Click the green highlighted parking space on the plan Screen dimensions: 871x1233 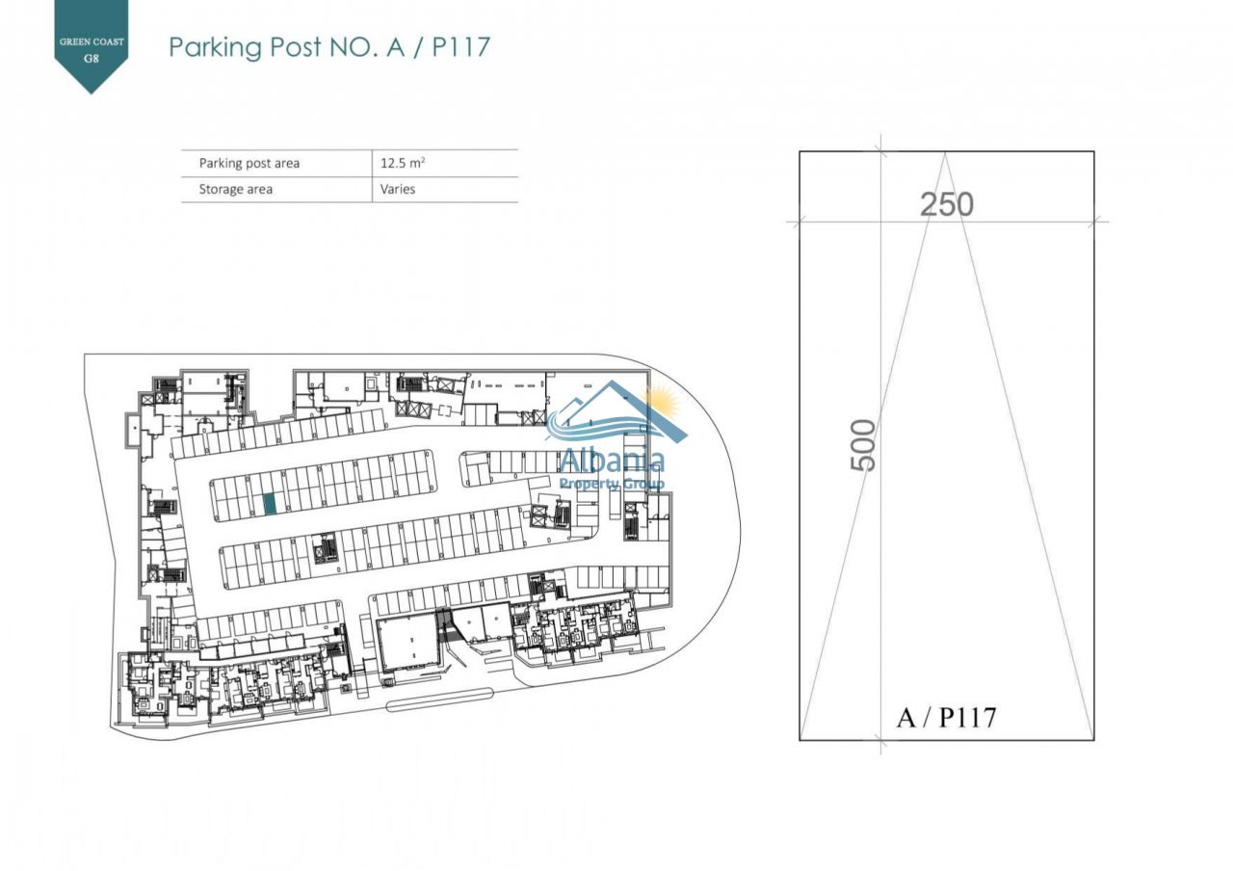click(x=270, y=504)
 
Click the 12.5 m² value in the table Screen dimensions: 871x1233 click(x=403, y=163)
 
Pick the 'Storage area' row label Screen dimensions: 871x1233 click(x=235, y=189)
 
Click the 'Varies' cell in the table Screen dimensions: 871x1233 click(x=398, y=189)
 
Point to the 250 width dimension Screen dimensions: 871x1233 click(x=946, y=204)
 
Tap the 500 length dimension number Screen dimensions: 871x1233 click(x=864, y=444)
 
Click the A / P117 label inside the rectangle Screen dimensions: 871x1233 click(x=945, y=717)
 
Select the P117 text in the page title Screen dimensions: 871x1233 click(x=460, y=47)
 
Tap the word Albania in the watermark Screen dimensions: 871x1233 click(x=611, y=460)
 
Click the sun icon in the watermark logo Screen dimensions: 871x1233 click(x=664, y=400)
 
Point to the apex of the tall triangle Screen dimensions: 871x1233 click(x=945, y=153)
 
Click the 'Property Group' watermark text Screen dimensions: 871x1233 click(x=612, y=483)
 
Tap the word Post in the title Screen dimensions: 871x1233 click(x=287, y=47)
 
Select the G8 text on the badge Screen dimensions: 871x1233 click(x=92, y=57)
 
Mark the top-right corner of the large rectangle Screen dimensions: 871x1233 click(x=1093, y=152)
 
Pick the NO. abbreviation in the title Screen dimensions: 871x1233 click(x=352, y=47)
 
